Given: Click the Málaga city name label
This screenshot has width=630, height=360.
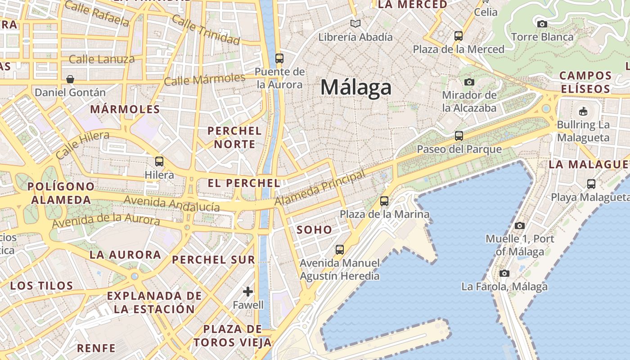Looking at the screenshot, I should [356, 87].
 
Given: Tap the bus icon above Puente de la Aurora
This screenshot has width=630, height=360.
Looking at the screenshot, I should [279, 58].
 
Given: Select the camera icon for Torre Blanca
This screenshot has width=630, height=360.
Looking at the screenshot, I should [542, 23].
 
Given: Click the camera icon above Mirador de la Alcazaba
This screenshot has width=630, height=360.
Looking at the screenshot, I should [469, 82].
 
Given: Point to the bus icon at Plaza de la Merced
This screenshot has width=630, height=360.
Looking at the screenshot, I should [459, 36].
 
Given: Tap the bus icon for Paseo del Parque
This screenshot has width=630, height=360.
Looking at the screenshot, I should [459, 135].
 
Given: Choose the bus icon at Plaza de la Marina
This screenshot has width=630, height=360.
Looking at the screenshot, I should [384, 201].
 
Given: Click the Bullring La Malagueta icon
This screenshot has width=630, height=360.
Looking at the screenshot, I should [583, 111].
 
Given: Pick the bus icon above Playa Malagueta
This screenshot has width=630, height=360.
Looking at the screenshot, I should [591, 184].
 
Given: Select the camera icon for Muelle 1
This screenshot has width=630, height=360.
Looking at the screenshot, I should [520, 225].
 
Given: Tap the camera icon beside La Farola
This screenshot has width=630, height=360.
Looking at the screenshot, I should [504, 273].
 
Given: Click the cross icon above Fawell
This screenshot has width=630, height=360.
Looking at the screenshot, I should [248, 292].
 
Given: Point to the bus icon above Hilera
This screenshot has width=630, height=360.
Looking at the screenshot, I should [159, 161].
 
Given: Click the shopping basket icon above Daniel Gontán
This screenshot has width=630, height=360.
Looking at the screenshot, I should [70, 79].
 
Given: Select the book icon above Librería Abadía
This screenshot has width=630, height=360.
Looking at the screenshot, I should [355, 23].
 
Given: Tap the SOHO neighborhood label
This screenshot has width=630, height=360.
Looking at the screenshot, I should [315, 229].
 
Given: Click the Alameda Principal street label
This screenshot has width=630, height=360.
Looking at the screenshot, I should [320, 189].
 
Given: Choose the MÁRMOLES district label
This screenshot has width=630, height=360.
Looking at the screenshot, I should [125, 109].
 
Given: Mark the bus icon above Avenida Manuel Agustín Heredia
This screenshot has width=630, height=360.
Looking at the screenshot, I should [340, 249].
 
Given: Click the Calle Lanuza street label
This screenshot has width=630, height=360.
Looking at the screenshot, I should [102, 59].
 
